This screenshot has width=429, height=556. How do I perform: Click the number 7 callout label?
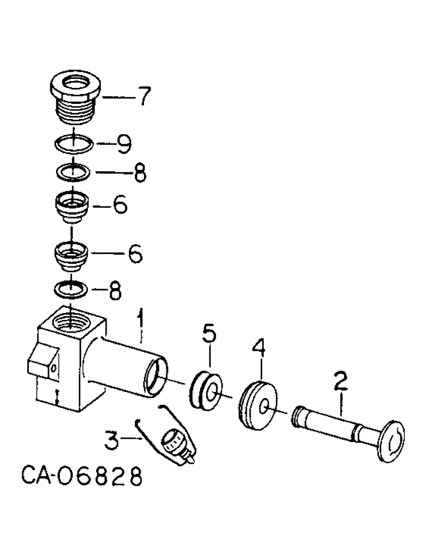143,97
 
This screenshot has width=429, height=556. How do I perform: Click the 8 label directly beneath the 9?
139,173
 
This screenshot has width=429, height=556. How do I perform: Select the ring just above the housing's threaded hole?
71,289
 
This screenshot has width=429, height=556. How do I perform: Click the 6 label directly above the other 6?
119,206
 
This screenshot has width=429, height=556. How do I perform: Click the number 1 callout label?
141,320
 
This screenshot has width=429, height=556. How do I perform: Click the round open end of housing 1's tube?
156,373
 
